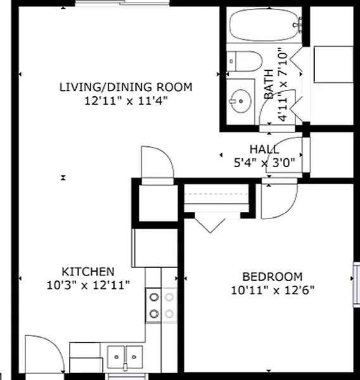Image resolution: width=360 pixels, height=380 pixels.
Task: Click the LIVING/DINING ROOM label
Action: [126, 87]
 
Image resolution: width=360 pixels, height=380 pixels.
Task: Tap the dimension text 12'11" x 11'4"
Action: [126, 101]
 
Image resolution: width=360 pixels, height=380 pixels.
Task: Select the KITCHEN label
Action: [88, 272]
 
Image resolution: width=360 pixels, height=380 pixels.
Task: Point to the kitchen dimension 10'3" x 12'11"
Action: [88, 285]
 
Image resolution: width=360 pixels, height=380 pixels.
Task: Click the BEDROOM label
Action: [273, 277]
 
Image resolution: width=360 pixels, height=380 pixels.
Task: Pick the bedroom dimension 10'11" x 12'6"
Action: [273, 290]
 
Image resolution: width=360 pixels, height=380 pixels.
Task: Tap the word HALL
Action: [264, 149]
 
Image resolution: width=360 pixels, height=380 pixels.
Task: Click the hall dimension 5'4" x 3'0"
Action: [264, 163]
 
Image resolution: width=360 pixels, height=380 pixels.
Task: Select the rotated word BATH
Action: [269, 84]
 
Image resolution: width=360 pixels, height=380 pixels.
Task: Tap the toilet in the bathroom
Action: [245, 61]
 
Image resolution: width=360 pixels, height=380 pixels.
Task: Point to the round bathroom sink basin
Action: [240, 101]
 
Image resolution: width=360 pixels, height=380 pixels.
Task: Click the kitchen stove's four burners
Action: [162, 305]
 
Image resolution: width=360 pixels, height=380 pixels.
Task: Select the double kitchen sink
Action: [125, 357]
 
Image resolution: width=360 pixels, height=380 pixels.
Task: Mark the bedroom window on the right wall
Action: [356, 285]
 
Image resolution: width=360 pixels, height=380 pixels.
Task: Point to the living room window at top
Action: [122, 3]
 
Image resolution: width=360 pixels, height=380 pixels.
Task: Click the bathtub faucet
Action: [299, 25]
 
